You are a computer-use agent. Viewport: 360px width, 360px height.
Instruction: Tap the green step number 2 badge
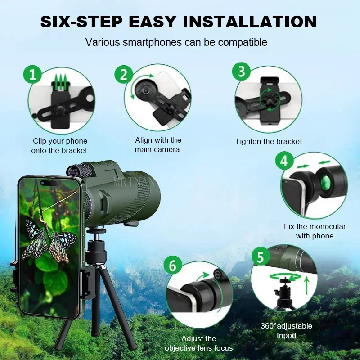pos(123,74)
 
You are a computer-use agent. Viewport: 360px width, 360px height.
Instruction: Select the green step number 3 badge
pos(241,72)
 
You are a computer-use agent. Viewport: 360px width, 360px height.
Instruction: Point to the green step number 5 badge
pos(260,257)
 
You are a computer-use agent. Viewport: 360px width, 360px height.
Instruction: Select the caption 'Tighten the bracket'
pos(269,141)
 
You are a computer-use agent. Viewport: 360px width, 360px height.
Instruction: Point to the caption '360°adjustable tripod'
pos(286,331)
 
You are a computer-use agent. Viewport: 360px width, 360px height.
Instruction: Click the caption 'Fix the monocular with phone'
pos(315,231)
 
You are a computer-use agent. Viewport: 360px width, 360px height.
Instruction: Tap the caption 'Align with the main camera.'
pos(158,145)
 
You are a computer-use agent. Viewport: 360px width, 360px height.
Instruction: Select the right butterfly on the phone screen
pos(62,245)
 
